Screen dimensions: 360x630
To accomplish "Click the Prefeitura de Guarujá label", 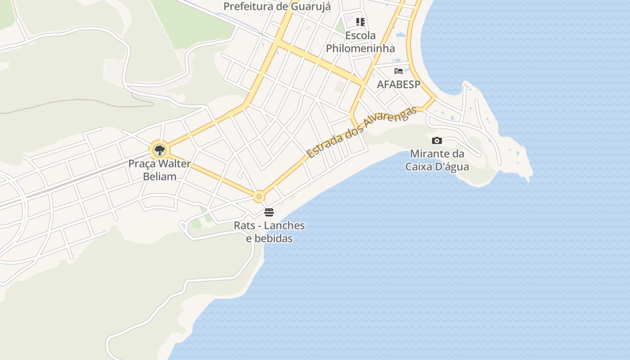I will coord(277,6).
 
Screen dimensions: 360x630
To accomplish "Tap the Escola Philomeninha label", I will coord(360,42).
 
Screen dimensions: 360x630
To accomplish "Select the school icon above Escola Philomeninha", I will coord(360,22).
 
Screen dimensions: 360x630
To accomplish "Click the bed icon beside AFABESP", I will coord(398,71).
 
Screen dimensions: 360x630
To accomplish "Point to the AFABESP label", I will coord(399,85).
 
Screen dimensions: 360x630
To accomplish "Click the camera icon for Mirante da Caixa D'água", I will coord(436,141).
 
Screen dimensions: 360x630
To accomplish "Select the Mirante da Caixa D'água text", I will coord(437,160).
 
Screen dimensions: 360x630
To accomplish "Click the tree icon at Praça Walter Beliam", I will coord(159,150).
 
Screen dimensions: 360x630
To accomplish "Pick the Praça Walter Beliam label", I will coord(160,170).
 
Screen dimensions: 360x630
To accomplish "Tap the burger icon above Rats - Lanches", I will coord(269,212).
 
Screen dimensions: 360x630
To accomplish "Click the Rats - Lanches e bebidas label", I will coord(269,232).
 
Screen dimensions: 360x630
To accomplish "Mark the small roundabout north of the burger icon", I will coord(259,197).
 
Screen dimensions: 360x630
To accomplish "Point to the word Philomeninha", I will coord(360,49).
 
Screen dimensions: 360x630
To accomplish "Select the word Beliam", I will coord(160,176).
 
